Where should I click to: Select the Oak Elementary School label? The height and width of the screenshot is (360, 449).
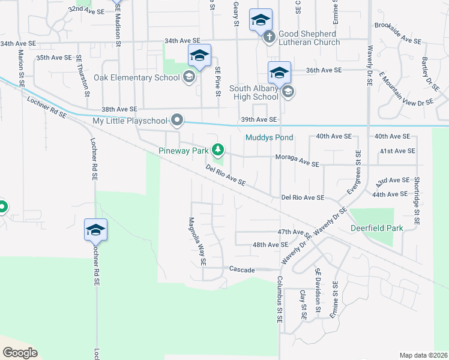tap(136, 77)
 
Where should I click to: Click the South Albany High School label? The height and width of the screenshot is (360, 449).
tap(255, 92)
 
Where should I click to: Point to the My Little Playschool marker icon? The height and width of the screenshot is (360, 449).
tap(176, 121)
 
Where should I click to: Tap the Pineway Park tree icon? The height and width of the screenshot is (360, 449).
tap(220, 149)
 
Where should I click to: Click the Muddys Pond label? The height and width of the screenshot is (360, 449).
tap(269, 138)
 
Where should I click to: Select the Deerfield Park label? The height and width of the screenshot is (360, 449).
tap(374, 228)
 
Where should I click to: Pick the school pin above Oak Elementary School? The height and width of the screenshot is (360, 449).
tap(199, 56)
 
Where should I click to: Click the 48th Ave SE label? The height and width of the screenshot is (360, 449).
tap(270, 245)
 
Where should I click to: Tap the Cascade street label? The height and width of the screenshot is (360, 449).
tap(242, 269)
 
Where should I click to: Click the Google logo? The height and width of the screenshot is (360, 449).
tap(20, 353)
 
